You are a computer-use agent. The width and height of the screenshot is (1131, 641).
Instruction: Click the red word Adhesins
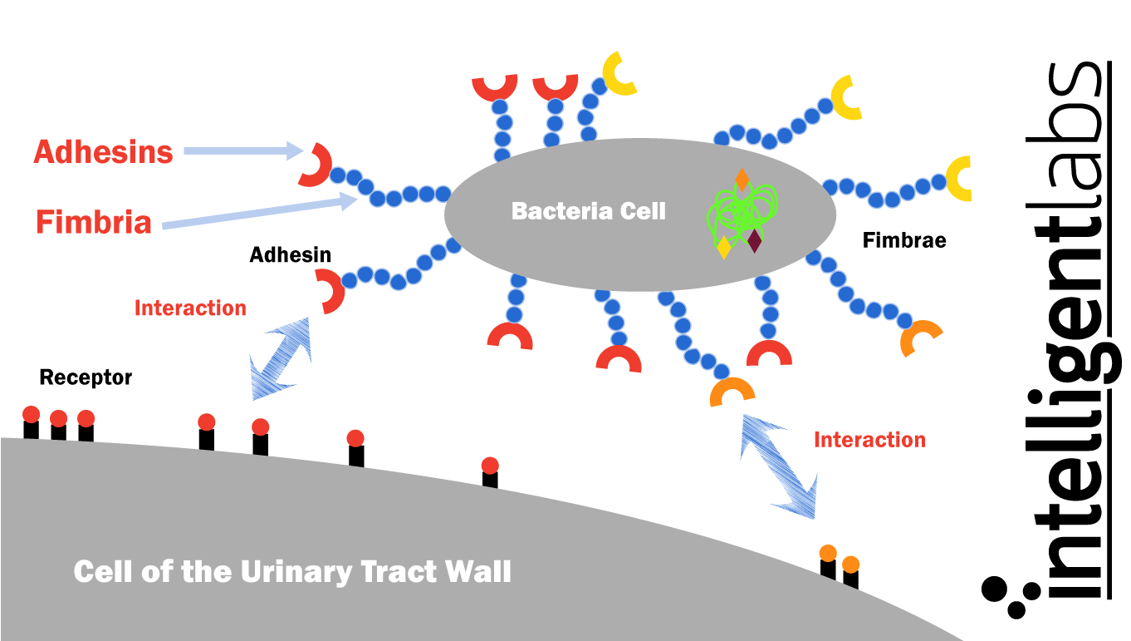pyautogui.click(x=104, y=152)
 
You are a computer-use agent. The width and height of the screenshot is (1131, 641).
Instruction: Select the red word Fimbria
pyautogui.click(x=94, y=222)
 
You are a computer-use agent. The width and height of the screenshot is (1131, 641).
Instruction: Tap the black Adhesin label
pyautogui.click(x=291, y=254)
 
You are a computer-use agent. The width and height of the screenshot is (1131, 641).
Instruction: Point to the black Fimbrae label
pyautogui.click(x=904, y=241)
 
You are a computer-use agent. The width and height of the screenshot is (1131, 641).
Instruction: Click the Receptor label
pyautogui.click(x=86, y=377)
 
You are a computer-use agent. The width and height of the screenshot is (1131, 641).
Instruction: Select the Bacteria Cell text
pyautogui.click(x=589, y=211)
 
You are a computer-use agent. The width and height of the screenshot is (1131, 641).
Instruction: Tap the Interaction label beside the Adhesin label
pyautogui.click(x=190, y=308)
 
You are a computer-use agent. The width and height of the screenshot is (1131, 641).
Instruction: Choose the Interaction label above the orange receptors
pyautogui.click(x=869, y=440)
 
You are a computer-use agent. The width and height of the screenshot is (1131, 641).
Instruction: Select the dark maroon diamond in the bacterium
pyautogui.click(x=754, y=240)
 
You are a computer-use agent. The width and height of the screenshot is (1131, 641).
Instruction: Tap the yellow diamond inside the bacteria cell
pyautogui.click(x=724, y=247)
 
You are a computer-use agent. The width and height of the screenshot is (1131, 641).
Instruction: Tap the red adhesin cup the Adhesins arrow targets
pyautogui.click(x=315, y=165)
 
